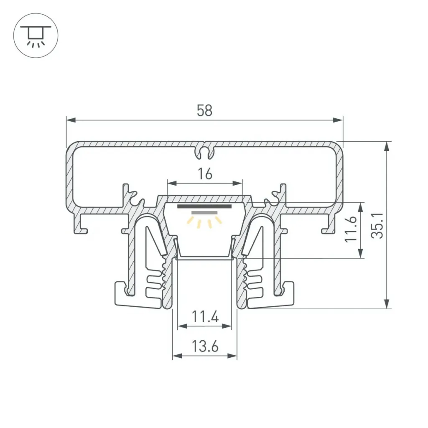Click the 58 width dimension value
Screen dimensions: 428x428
coord(204,110)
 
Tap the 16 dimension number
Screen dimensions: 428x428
coord(205,174)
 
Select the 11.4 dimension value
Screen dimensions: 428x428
coord(205,317)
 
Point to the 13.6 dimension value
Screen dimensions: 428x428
coord(205,346)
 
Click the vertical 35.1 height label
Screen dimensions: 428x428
coord(377,226)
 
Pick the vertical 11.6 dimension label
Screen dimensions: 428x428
coord(351,229)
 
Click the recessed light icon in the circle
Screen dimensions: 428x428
coord(36,36)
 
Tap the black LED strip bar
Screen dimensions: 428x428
coord(204,206)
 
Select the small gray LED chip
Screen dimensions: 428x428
coord(204,213)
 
